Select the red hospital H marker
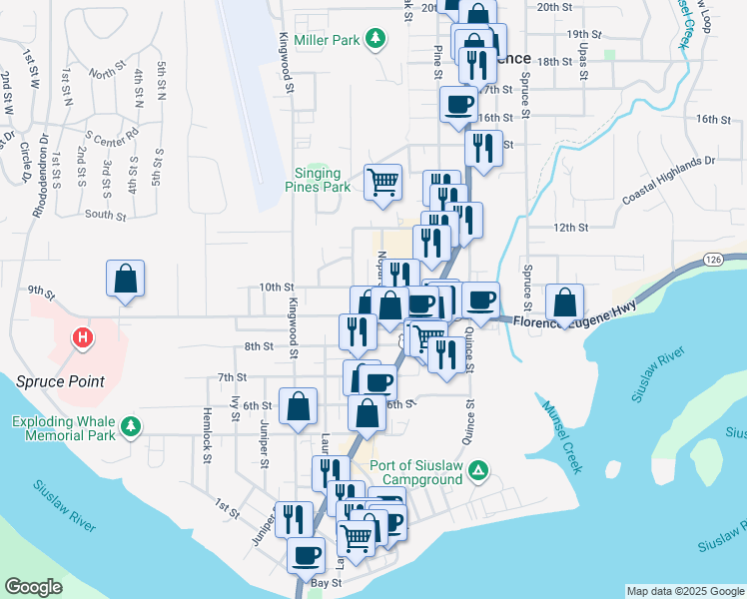click(83, 339)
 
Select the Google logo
click(34, 587)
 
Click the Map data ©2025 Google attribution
click(685, 591)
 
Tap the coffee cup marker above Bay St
click(306, 554)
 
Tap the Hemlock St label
click(209, 439)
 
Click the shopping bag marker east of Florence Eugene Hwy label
click(564, 301)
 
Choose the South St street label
click(106, 215)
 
